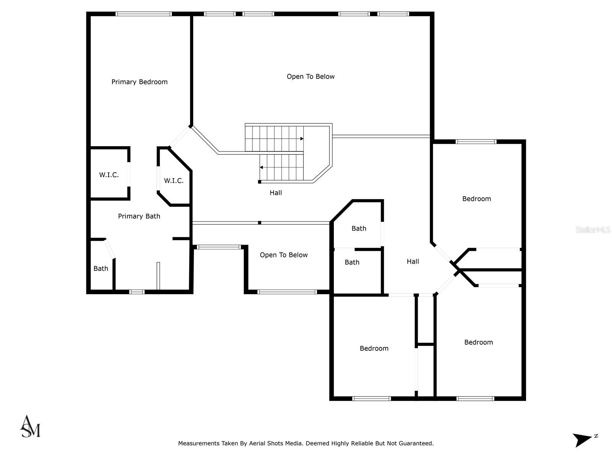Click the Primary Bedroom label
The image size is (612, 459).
(139, 82)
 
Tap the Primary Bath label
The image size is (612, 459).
(139, 216)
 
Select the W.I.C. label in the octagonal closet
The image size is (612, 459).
(174, 181)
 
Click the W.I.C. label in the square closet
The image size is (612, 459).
(109, 175)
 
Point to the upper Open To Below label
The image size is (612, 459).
(311, 76)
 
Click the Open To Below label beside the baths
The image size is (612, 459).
(283, 255)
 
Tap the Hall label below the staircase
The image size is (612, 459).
(276, 193)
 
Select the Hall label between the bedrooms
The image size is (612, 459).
(413, 262)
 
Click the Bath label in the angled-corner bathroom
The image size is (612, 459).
(359, 228)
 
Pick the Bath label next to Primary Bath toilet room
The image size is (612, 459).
(101, 269)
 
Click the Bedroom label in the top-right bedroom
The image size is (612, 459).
(476, 199)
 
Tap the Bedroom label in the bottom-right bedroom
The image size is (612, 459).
(479, 342)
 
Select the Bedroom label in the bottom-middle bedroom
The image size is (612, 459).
(374, 348)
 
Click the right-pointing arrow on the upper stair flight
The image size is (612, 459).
(301, 139)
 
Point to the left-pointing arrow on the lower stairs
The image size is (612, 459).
(262, 168)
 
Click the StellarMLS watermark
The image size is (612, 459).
(593, 230)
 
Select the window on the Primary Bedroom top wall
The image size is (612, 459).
(143, 14)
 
